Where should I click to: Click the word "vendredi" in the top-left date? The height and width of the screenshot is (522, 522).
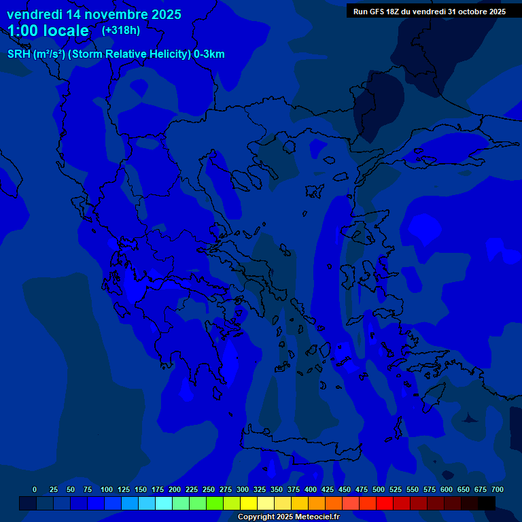coord(34,14)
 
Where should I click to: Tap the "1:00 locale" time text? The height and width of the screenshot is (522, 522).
coord(48,31)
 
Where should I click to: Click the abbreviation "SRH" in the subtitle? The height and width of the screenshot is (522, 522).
coord(19,54)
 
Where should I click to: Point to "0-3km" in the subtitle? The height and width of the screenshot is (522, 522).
coord(209,54)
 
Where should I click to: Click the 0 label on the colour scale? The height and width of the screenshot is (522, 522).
coord(35,489)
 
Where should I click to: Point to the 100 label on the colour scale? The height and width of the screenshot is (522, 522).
coord(107,489)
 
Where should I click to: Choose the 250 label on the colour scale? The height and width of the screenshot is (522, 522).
coord(209,489)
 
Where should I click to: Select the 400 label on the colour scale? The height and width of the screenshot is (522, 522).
coord(311,489)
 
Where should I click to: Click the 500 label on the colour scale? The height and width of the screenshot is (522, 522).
coord(379,489)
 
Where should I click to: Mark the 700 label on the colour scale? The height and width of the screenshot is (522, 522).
coord(498,489)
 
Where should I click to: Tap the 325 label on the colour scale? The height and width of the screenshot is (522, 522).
coord(260,489)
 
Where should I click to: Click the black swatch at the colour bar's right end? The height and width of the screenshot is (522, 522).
coord(487,503)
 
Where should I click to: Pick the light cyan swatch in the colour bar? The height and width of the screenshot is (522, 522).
coord(164,503)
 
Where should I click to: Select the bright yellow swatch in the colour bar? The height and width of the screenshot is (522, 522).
coord(249,503)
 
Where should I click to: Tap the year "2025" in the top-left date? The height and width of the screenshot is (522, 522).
coord(162,14)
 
